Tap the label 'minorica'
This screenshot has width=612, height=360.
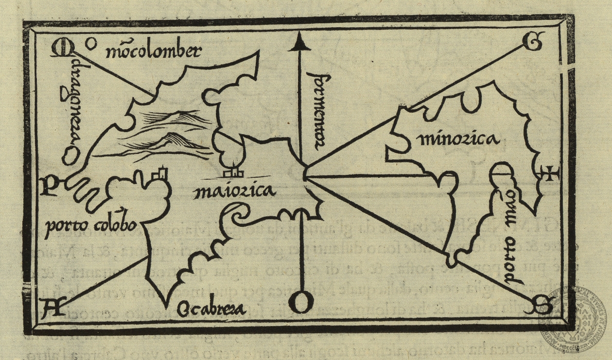tap(457, 140)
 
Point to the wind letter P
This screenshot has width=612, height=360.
tap(49, 185)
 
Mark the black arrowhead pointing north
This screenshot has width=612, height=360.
tap(300, 44)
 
